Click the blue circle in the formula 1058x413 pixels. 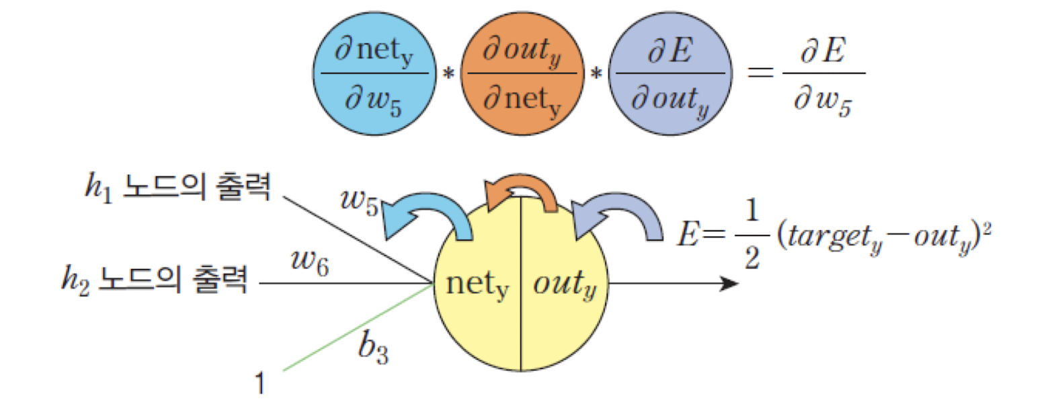(x=374, y=74)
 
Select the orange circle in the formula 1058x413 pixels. (x=522, y=74)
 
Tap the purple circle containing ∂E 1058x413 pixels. (x=670, y=74)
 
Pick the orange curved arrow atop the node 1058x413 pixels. (x=521, y=191)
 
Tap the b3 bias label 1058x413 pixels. (x=373, y=348)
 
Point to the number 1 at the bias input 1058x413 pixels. (x=260, y=383)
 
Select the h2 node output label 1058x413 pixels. (x=155, y=278)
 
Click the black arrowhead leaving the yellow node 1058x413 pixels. (x=729, y=283)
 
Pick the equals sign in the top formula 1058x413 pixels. (x=760, y=71)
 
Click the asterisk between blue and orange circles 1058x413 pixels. (x=448, y=73)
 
